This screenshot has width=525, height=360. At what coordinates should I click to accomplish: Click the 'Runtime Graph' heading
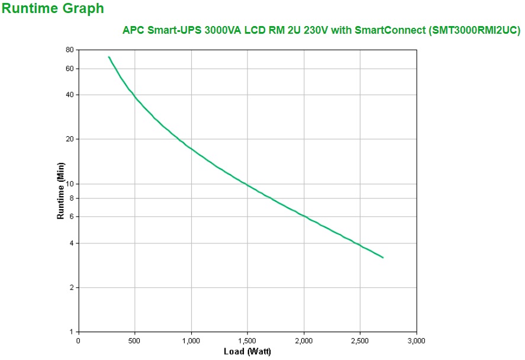[53, 9]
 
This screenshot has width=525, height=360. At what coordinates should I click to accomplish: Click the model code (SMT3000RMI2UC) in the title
[474, 31]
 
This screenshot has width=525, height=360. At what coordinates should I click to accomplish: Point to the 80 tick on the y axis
[69, 50]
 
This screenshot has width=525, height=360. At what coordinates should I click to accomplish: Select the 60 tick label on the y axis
[69, 69]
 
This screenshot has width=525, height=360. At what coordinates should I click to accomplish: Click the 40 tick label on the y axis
[69, 95]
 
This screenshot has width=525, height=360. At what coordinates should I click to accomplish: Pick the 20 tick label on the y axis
[69, 139]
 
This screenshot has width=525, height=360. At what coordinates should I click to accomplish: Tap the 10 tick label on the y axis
[69, 184]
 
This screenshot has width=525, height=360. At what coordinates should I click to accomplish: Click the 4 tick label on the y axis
[70, 243]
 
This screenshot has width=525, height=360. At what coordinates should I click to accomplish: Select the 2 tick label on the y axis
[70, 288]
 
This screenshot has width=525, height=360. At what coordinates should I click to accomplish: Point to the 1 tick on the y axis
[70, 332]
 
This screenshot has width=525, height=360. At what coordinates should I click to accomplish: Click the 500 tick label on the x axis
[135, 341]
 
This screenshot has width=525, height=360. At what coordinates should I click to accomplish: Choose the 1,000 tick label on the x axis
[191, 341]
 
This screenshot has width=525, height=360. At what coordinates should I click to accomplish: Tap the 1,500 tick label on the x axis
[247, 341]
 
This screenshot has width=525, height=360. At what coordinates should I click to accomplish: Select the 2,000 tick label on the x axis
[304, 341]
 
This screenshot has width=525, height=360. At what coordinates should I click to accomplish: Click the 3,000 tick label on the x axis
[416, 341]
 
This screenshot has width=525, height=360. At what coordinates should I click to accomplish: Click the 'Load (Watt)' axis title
[247, 352]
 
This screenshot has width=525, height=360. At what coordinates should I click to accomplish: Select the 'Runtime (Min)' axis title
[60, 191]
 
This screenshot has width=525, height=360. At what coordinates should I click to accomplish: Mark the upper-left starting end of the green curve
[109, 57]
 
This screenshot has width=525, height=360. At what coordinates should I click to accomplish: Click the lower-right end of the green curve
[383, 258]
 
